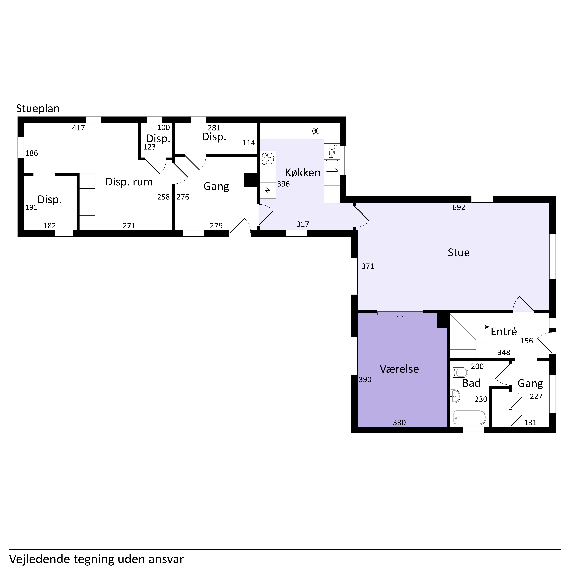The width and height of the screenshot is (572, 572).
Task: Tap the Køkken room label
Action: pos(303,173)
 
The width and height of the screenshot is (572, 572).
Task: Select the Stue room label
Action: pos(459,253)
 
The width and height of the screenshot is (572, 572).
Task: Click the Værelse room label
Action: pos(399,369)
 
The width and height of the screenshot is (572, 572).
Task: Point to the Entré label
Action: pos(504,332)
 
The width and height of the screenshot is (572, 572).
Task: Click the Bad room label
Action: pos(471,383)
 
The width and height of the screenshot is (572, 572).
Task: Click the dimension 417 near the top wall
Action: pos(79,128)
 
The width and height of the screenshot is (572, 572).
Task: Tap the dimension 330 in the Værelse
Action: pos(399,422)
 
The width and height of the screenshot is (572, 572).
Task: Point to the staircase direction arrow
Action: pos(483,327)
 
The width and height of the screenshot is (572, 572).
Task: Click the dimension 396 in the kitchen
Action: pos(283,184)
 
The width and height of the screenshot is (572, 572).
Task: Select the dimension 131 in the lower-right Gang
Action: pos(530,422)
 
